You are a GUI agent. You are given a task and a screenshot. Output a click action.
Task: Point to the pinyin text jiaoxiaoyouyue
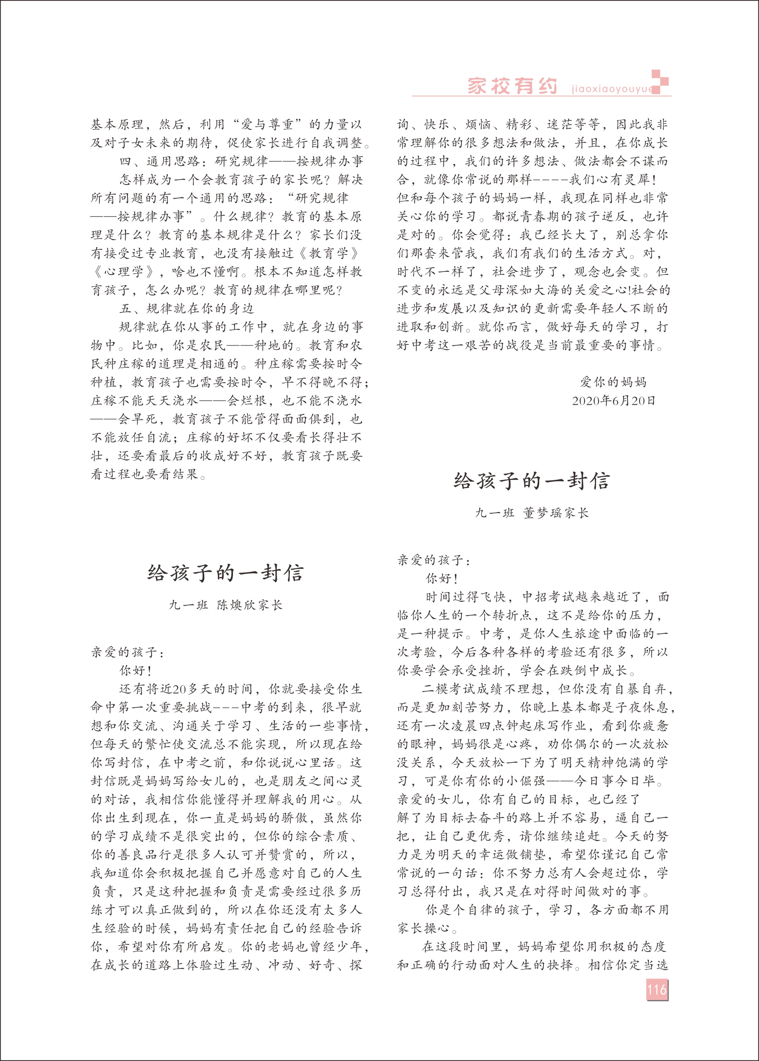[612, 89]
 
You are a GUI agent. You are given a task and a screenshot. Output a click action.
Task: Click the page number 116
[656, 990]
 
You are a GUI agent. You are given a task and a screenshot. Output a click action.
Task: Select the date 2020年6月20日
[614, 401]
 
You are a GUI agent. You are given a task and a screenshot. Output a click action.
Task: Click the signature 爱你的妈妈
[613, 382]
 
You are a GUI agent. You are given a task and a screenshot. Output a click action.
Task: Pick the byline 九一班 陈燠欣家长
[226, 605]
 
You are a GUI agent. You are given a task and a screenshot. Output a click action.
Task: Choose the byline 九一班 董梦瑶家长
[532, 513]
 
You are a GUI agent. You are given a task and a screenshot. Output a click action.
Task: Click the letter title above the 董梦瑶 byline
[532, 481]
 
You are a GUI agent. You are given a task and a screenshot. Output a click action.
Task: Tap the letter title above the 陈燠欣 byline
[226, 573]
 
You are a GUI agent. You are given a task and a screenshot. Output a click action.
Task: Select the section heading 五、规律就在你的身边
[187, 308]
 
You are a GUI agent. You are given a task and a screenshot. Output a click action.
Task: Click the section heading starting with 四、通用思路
[241, 161]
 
